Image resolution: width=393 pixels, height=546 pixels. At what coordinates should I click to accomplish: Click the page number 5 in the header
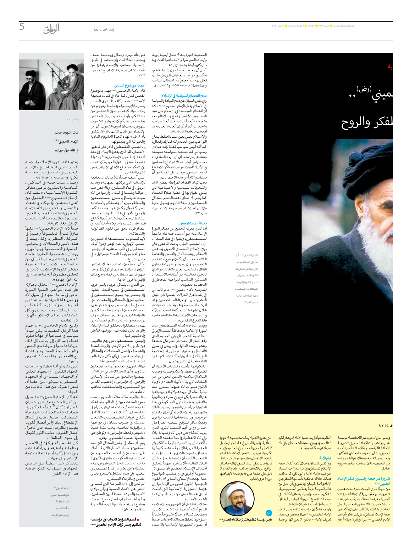[22, 26]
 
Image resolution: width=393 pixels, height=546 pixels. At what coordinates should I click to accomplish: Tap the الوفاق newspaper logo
[51, 29]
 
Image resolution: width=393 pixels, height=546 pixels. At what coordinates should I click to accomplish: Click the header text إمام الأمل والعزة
[103, 30]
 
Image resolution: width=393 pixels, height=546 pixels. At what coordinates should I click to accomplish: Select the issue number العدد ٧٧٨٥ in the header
[322, 26]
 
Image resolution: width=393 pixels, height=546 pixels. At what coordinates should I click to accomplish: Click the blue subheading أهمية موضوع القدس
[130, 85]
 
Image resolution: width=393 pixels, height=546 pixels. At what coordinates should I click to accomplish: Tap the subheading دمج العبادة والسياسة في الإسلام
[184, 95]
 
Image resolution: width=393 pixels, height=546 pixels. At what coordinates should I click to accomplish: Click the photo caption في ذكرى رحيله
[72, 120]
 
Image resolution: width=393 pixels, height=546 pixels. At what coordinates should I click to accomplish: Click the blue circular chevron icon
[268, 513]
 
